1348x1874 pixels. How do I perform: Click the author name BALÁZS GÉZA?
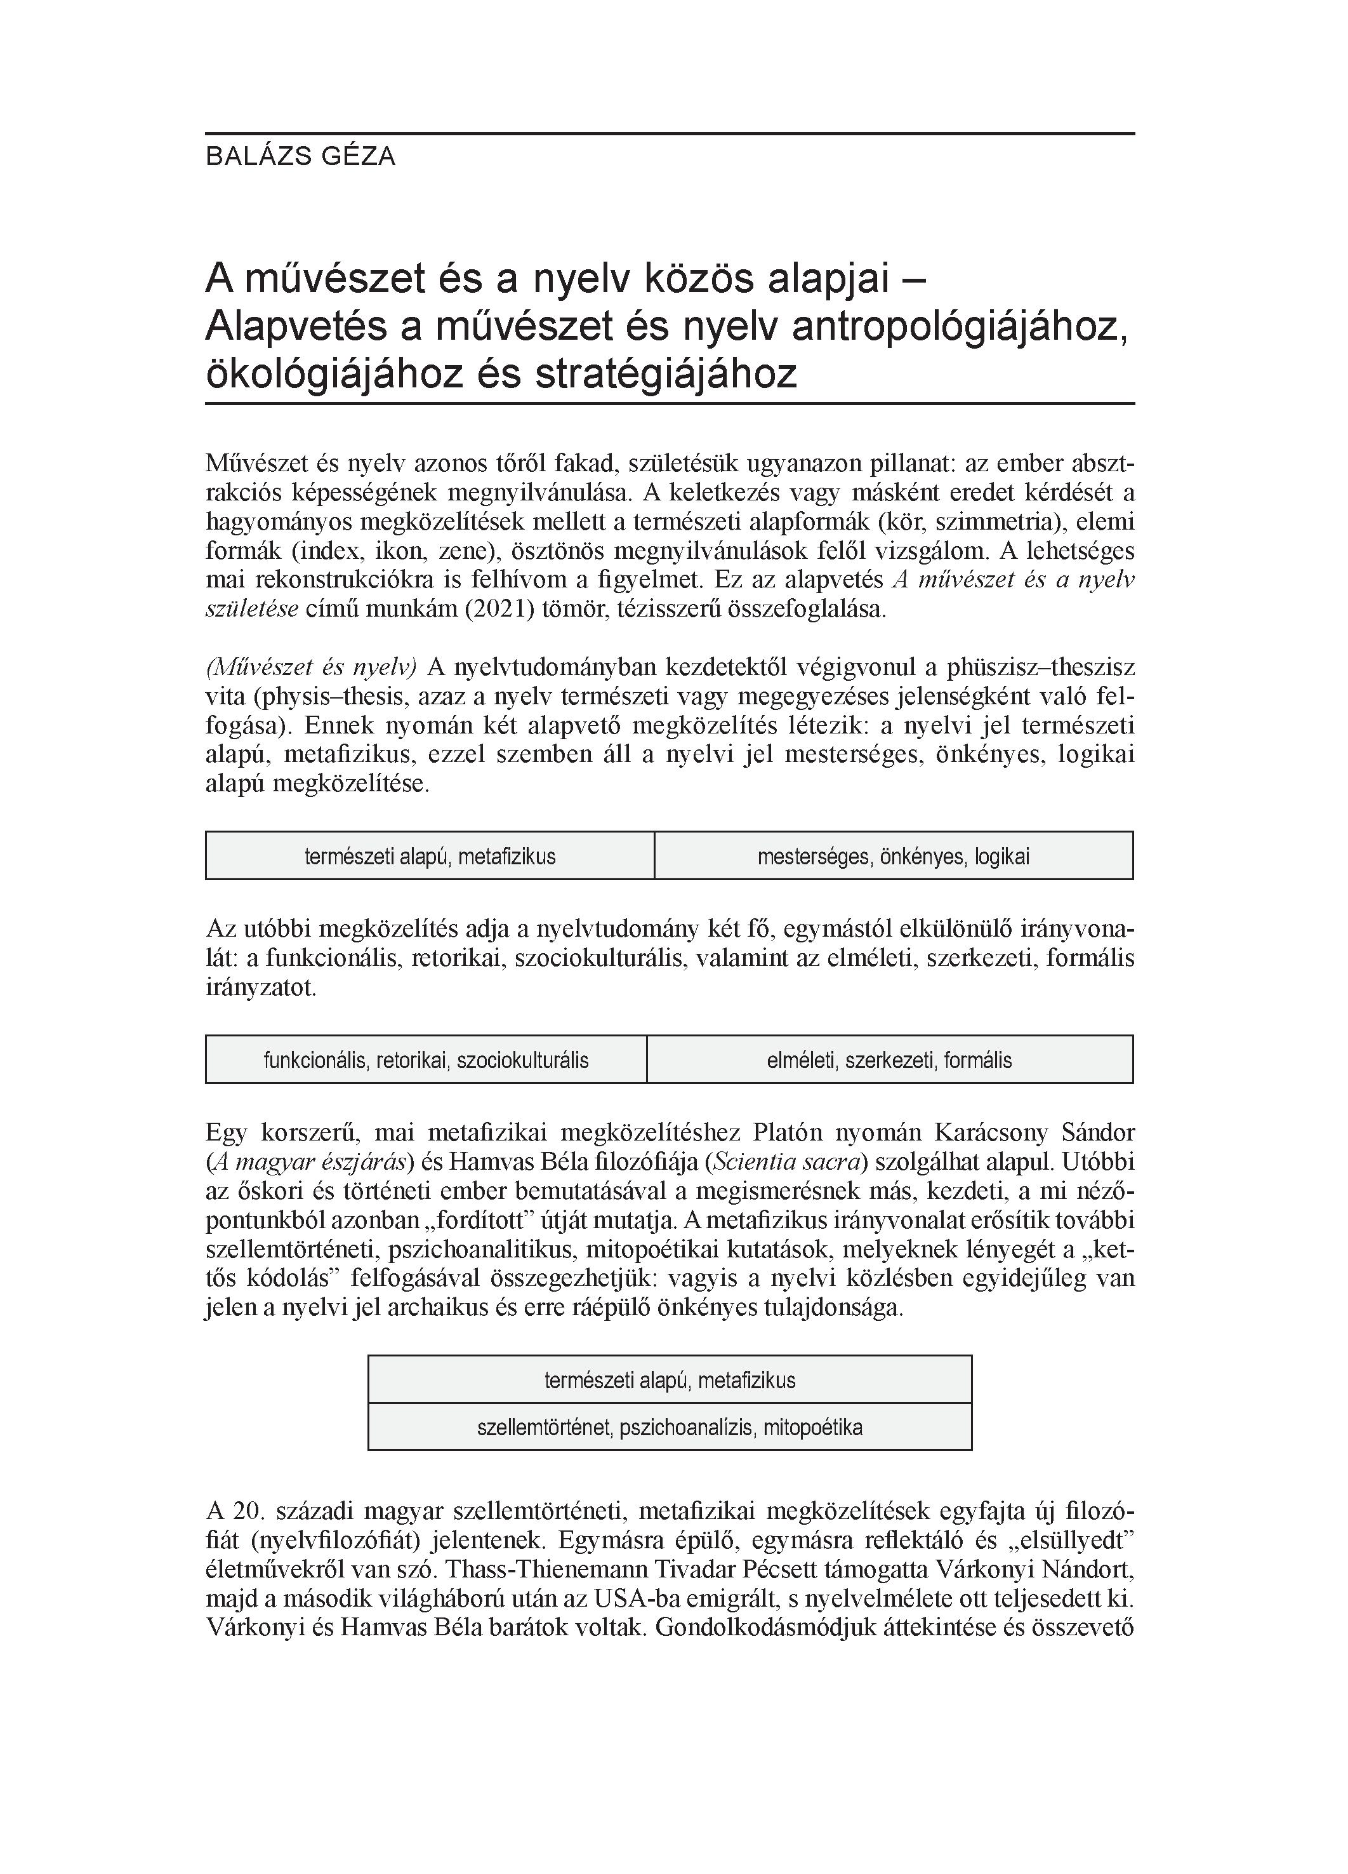point(301,156)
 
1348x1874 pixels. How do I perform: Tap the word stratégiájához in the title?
point(666,373)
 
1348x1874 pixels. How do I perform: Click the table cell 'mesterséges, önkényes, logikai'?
point(893,856)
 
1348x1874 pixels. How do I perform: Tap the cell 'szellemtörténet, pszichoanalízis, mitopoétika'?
point(669,1427)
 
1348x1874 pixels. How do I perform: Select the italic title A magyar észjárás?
point(310,1163)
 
